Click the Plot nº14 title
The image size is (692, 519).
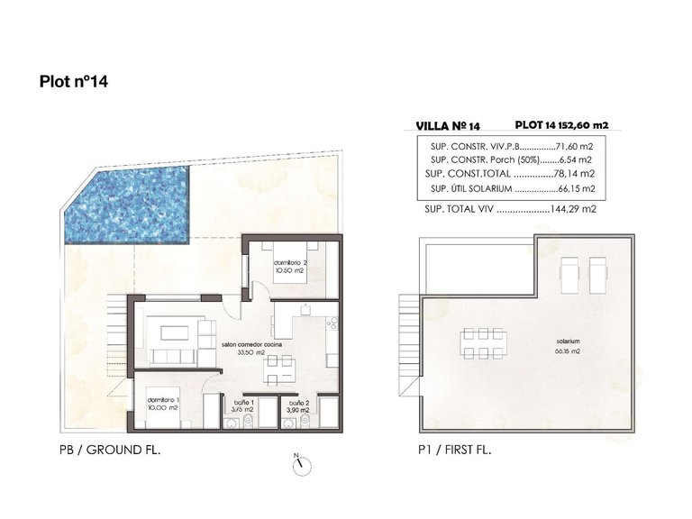[74, 80]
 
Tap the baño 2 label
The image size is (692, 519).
[299, 406]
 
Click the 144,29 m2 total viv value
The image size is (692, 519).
[575, 208]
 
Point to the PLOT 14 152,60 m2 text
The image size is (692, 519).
[570, 126]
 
